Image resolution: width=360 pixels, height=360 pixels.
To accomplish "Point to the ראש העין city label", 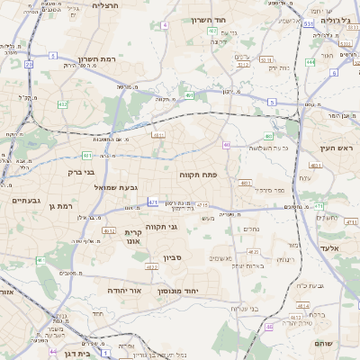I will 339,148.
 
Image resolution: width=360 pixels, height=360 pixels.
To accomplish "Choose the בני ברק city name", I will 81,170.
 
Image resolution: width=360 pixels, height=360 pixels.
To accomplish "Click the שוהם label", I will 324,344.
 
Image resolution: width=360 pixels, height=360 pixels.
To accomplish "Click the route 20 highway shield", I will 29,65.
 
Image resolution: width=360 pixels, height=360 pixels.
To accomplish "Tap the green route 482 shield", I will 62,105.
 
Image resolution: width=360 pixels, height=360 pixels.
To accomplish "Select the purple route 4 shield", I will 165,24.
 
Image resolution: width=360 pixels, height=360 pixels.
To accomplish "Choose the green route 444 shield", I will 310,62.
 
